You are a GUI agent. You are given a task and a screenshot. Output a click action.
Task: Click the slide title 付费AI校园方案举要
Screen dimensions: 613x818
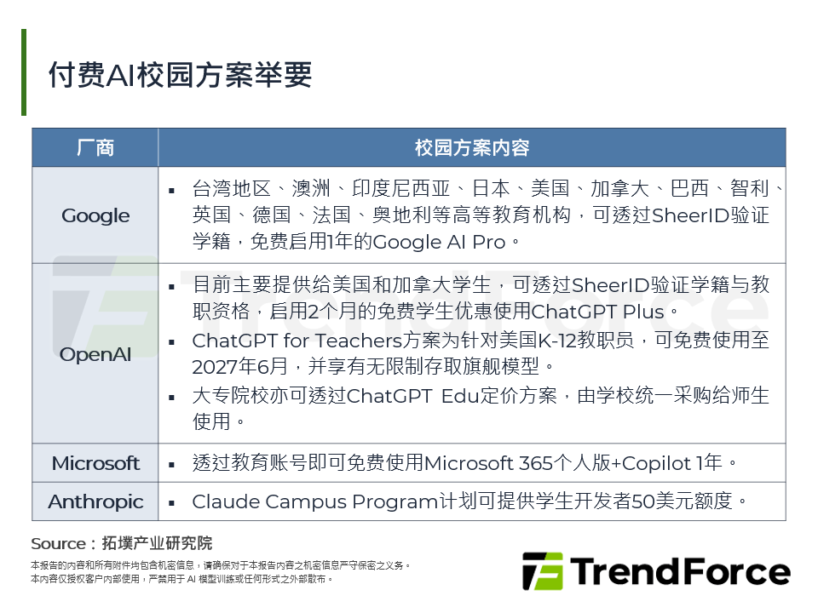click(x=181, y=75)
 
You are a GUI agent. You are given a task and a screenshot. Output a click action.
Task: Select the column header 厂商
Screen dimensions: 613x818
click(x=95, y=147)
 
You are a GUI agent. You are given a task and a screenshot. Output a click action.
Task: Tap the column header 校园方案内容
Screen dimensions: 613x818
click(x=472, y=147)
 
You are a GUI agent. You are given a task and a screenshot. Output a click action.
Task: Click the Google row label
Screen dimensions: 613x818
click(x=95, y=215)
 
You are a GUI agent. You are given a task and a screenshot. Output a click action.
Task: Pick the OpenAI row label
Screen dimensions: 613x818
click(x=95, y=353)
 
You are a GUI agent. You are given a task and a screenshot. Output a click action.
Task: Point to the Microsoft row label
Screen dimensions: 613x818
click(x=95, y=463)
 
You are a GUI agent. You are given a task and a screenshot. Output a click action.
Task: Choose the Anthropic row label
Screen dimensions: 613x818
click(x=95, y=501)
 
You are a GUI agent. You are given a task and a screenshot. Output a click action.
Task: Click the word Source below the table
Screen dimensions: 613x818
click(x=58, y=544)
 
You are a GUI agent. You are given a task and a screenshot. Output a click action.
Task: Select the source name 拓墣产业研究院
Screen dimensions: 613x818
click(x=157, y=544)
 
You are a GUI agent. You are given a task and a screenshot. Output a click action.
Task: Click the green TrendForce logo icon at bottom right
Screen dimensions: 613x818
click(x=543, y=571)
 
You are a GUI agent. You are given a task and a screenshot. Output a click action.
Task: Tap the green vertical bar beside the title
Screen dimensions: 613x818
click(x=24, y=72)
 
